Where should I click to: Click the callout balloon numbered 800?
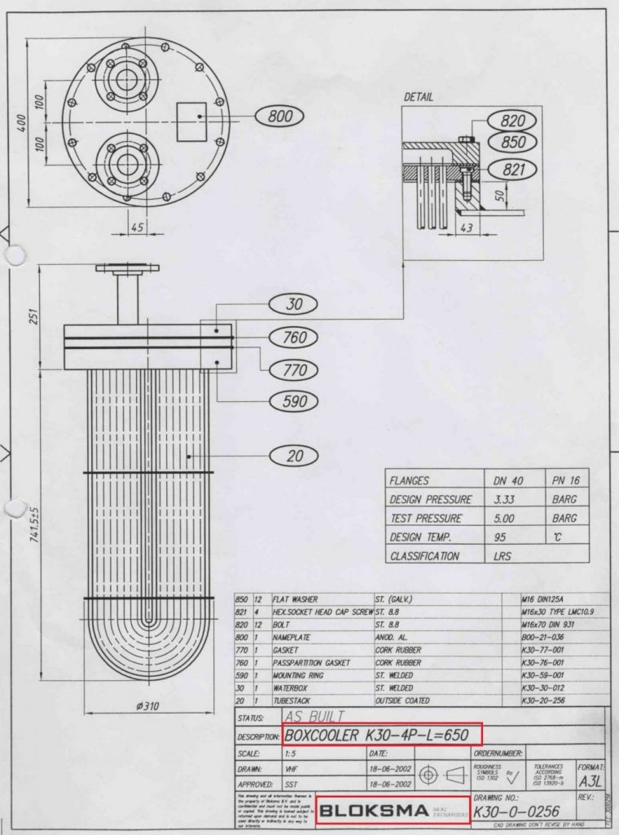pos(279,117)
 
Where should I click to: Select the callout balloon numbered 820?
pos(512,121)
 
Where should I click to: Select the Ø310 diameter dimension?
pos(146,706)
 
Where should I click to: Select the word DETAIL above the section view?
pos(418,97)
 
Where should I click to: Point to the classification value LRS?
pos(498,555)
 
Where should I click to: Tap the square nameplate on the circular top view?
pos(193,117)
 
